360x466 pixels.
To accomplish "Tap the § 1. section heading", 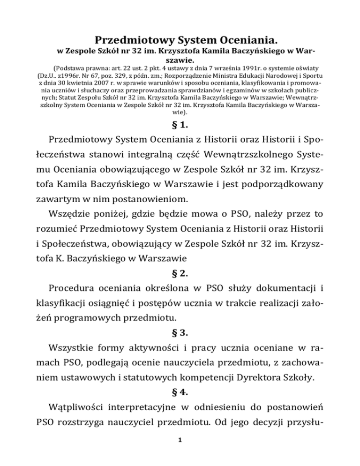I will (180, 126).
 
